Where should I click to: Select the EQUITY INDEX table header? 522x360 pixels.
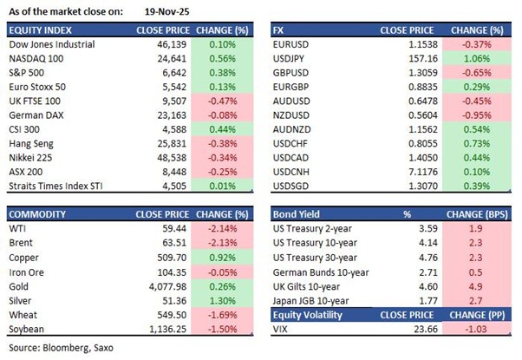point(36,29)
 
